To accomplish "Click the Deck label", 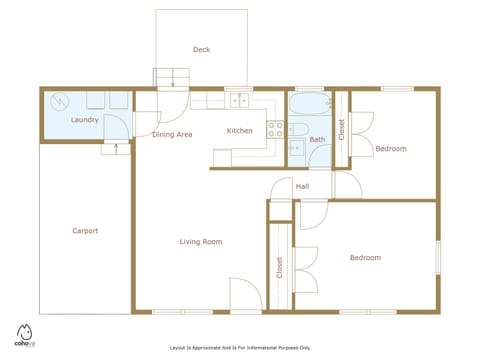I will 201,49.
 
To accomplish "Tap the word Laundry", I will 84,120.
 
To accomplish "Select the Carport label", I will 85,231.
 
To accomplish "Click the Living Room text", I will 200,241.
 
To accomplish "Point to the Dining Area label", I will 172,134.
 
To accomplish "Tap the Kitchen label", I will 239,131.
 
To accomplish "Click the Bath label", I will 317,139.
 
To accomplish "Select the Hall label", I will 301,187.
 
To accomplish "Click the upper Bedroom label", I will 390,149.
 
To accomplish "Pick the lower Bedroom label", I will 365,258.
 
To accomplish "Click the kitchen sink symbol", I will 239,99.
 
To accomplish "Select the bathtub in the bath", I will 310,105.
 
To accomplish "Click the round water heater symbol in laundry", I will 59,101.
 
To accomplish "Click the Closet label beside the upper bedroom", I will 341,128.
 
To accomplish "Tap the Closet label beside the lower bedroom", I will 279,268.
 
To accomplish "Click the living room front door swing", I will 245,295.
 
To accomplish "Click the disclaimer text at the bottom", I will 240,347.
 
